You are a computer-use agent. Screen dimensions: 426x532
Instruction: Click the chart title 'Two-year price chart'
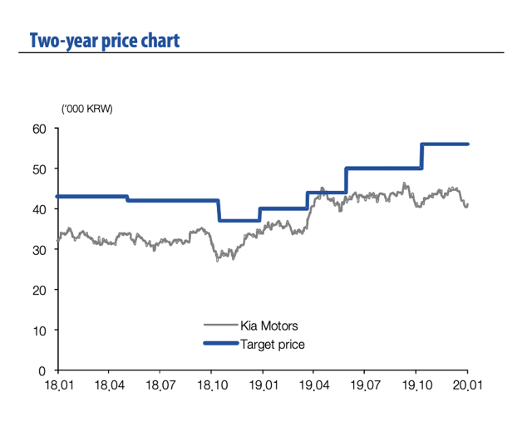104,40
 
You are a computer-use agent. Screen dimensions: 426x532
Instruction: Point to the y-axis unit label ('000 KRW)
87,109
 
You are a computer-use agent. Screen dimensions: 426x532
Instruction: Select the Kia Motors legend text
268,326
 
